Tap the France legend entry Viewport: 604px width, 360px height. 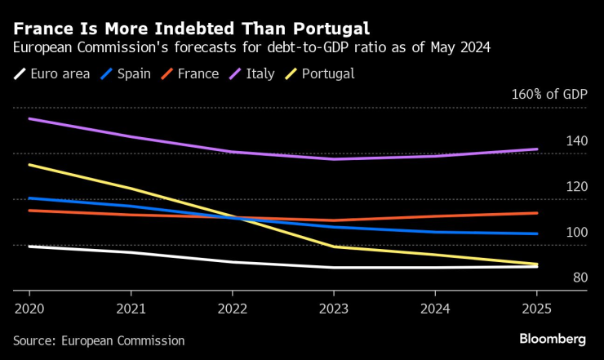pyautogui.click(x=190, y=73)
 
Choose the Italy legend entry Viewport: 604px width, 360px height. pyautogui.click(x=254, y=73)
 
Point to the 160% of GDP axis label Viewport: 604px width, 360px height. pyautogui.click(x=549, y=95)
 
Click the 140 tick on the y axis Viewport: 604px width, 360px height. pyautogui.click(x=577, y=141)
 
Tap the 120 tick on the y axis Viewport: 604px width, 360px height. pyautogui.click(x=577, y=187)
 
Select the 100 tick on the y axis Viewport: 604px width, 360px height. pyautogui.click(x=577, y=233)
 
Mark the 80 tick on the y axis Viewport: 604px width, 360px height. pyautogui.click(x=580, y=278)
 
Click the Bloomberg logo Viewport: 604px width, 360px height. pyautogui.click(x=553, y=339)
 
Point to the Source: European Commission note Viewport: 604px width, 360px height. pyautogui.click(x=99, y=340)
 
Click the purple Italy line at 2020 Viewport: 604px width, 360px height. pyautogui.click(x=29, y=119)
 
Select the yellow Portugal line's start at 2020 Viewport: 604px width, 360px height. pyautogui.click(x=29, y=165)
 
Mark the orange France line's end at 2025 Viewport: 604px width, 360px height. pyautogui.click(x=536, y=213)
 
